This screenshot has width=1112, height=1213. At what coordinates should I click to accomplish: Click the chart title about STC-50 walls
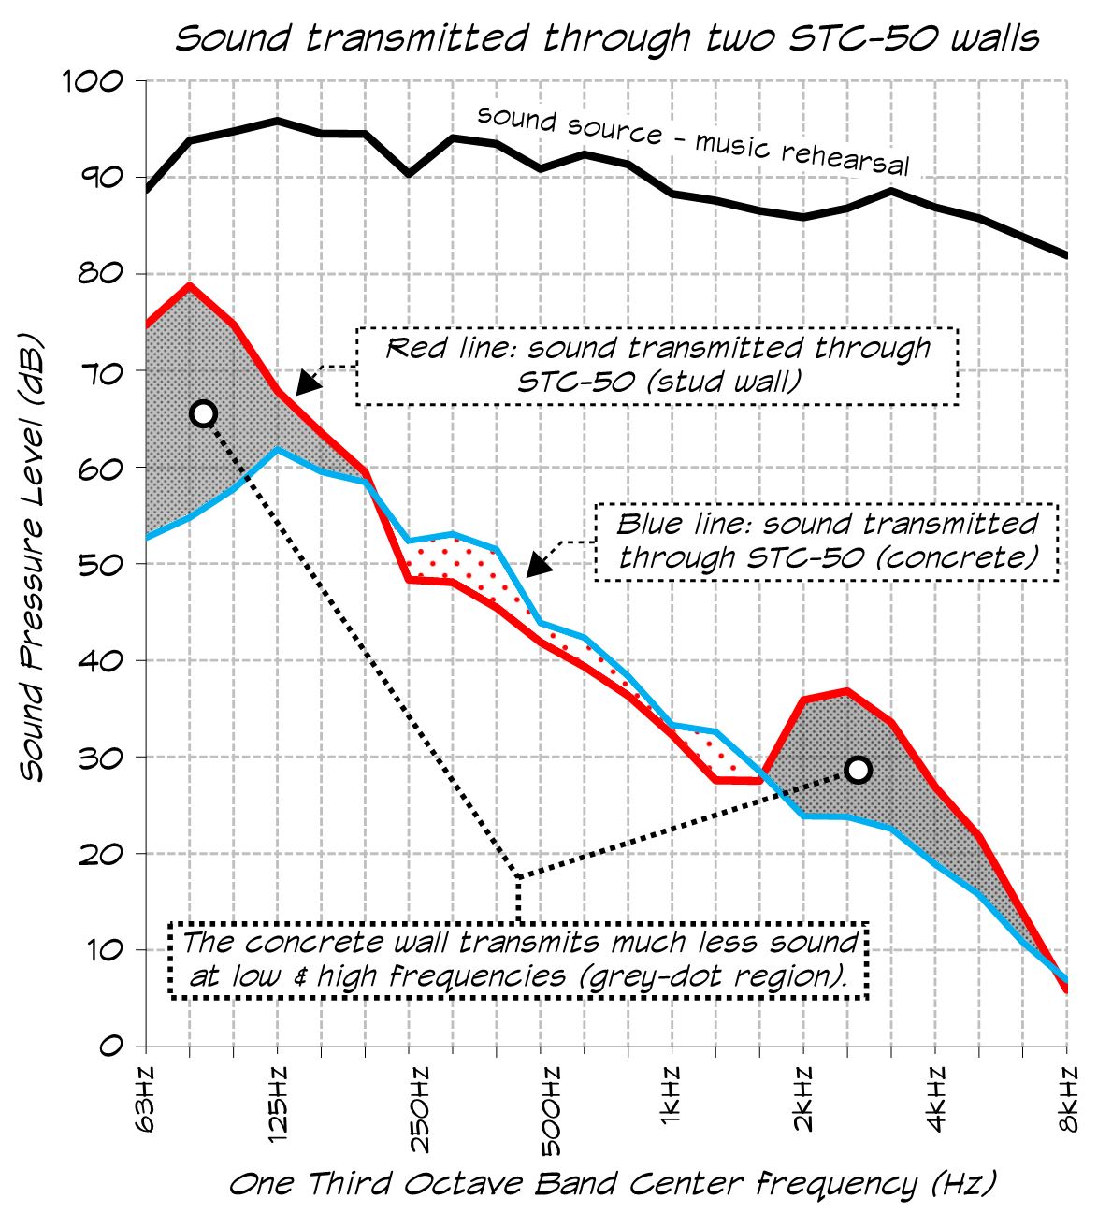point(607,38)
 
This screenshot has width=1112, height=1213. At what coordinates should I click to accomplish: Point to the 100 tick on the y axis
point(93,81)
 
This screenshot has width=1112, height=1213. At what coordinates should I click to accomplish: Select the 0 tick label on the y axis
point(112,1046)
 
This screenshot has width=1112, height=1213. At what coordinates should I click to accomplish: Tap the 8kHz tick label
point(1069,1097)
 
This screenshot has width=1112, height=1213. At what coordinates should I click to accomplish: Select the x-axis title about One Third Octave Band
point(613,1184)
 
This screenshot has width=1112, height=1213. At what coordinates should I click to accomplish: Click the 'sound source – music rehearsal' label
point(693,140)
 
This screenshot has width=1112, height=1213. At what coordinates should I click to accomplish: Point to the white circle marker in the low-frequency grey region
point(203,413)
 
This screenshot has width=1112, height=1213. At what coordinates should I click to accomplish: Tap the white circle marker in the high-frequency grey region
point(858,770)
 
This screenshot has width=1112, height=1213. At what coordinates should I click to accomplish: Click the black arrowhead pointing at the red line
point(306,383)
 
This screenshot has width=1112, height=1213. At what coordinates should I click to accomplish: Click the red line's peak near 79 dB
point(190,285)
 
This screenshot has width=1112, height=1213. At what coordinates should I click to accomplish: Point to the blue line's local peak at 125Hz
point(277,450)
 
